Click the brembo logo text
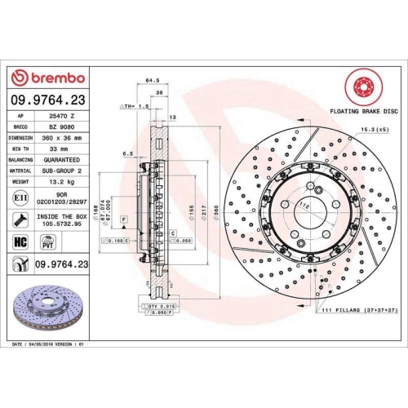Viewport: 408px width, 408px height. tap(55, 78)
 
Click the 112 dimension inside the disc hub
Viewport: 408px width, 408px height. tap(304, 205)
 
